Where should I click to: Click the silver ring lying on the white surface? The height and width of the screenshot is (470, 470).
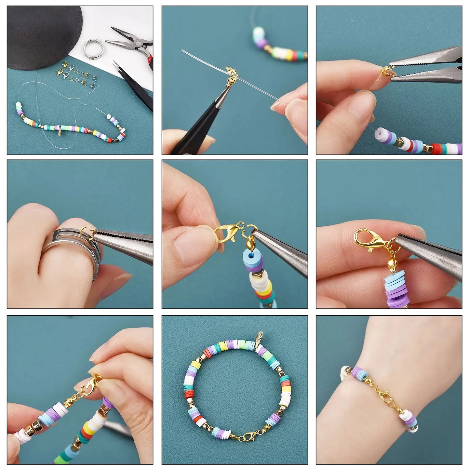pos(94,48)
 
